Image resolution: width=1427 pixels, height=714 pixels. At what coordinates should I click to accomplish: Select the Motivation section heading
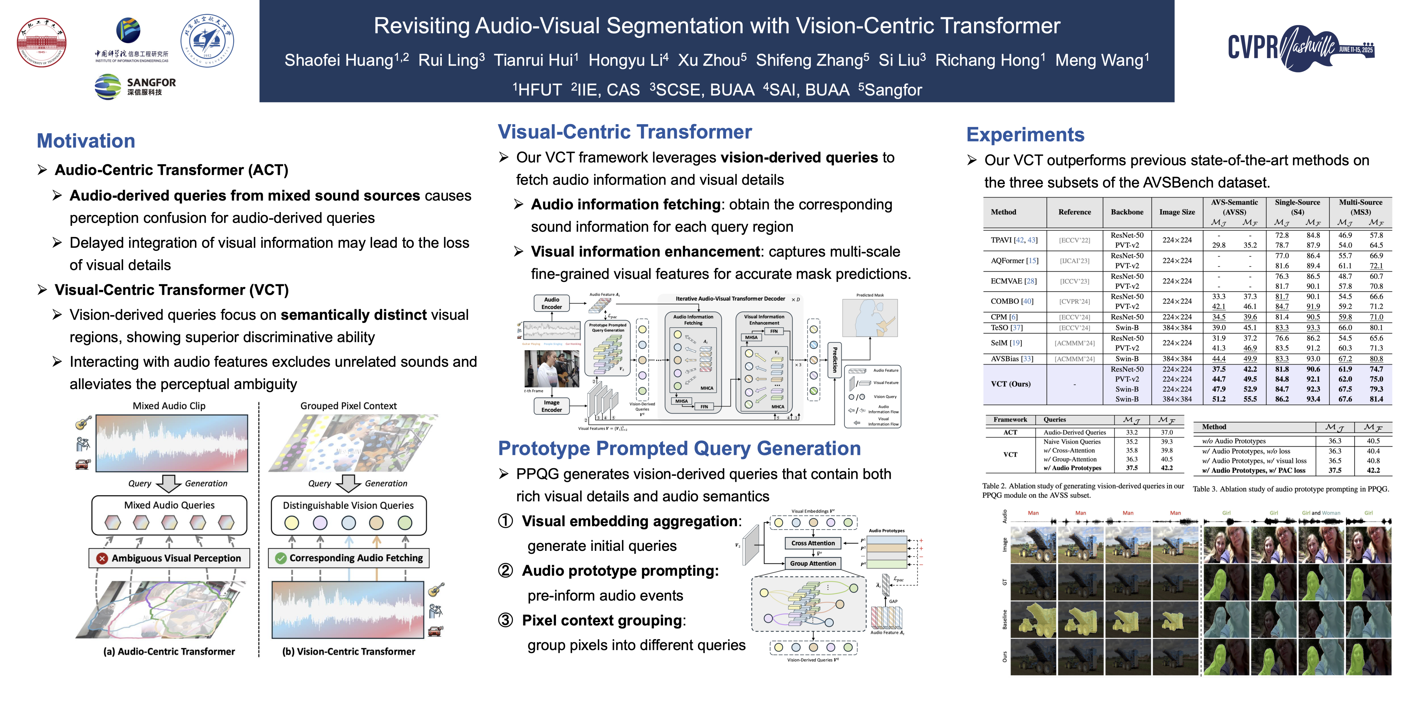point(86,141)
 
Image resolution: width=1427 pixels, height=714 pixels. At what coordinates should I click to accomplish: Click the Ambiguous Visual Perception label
point(169,558)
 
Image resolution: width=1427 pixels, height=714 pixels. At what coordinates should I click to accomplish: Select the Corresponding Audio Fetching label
point(349,558)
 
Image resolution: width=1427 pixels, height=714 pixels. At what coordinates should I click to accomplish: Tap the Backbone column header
point(1127,212)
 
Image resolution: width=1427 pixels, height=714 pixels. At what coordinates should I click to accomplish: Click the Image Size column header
point(1177,212)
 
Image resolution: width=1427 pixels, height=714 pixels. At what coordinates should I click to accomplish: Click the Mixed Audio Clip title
point(169,406)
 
